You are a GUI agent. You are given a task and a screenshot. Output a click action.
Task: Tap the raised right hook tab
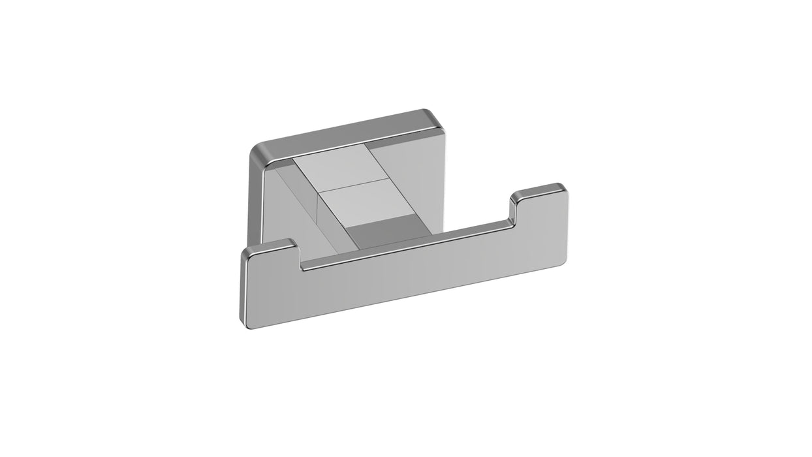click(x=539, y=192)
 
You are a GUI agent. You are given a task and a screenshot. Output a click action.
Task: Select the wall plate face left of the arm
click(x=287, y=209)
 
